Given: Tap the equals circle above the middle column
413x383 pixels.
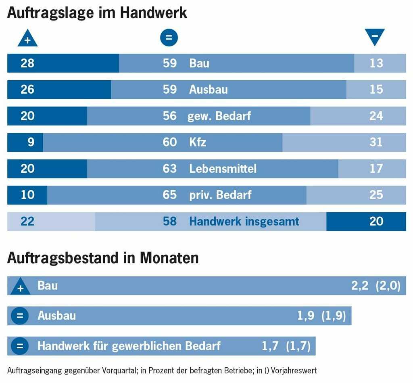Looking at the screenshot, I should tap(169, 38).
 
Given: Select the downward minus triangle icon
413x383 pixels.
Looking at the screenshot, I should tap(375, 37).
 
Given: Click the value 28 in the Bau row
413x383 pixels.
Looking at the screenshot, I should tap(27, 63).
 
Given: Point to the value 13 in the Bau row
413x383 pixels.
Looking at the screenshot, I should tap(376, 63).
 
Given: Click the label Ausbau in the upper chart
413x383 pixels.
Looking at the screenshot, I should tap(208, 89).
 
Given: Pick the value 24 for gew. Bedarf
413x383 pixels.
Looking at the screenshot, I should tap(376, 116).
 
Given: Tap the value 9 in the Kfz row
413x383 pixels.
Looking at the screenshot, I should tap(31, 142).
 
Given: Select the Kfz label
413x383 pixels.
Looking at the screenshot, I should tap(198, 142).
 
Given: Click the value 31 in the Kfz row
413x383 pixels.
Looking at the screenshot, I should tap(376, 142).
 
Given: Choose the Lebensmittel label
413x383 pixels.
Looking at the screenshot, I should tap(223, 168).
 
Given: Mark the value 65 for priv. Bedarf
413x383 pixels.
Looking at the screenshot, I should tap(170, 195).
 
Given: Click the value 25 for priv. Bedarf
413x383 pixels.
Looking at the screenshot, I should tap(376, 195).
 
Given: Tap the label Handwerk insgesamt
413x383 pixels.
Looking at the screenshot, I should tap(244, 221).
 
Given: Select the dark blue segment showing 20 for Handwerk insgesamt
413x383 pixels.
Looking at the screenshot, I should tap(366, 221).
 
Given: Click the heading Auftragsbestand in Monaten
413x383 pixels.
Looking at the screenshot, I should tap(103, 258).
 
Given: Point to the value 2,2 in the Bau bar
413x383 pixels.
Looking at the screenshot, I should tap(360, 286).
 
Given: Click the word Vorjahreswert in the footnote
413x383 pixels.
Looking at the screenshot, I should tap(297, 370).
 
